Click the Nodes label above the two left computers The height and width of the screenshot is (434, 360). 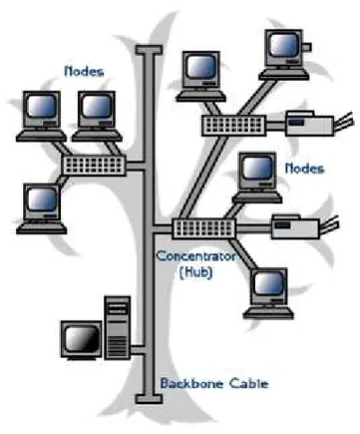pyautogui.click(x=84, y=72)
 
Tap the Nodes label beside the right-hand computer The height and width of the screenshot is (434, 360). pyautogui.click(x=304, y=169)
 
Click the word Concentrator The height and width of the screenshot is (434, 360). pyautogui.click(x=196, y=256)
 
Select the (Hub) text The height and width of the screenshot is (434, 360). pyautogui.click(x=196, y=272)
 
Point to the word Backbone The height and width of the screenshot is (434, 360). pyautogui.click(x=191, y=384)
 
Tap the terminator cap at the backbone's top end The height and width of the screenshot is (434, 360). pyautogui.click(x=149, y=49)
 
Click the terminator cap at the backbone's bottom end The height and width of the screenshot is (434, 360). pyautogui.click(x=149, y=399)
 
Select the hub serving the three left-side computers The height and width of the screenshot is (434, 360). pyautogui.click(x=94, y=165)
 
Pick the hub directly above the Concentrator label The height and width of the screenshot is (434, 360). pyautogui.click(x=204, y=229)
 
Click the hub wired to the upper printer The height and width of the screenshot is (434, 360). pyautogui.click(x=233, y=126)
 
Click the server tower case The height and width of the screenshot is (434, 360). pyautogui.click(x=118, y=328)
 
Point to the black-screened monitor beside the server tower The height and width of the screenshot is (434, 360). pyautogui.click(x=82, y=341)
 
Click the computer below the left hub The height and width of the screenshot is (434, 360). pyautogui.click(x=41, y=208)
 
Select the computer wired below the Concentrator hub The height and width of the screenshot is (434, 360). pyautogui.click(x=268, y=294)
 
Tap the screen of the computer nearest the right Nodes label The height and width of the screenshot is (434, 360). pyautogui.click(x=257, y=168)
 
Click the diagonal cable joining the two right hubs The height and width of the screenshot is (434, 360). pyautogui.click(x=205, y=177)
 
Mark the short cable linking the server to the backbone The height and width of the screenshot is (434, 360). pyautogui.click(x=138, y=350)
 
